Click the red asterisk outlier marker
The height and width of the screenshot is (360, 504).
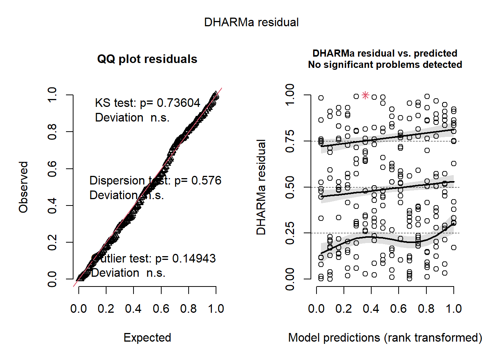(x=366, y=95)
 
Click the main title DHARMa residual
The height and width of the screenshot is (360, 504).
(x=251, y=22)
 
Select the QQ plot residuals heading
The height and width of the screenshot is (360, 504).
(x=147, y=59)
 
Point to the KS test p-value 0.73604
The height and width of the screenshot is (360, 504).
(x=178, y=103)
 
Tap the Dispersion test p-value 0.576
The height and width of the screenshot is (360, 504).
(x=206, y=180)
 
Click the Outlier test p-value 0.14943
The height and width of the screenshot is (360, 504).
(x=193, y=258)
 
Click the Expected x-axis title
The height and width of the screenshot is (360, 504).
(x=147, y=337)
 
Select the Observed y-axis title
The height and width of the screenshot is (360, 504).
(x=24, y=187)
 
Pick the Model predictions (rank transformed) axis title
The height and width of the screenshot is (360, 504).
(x=385, y=337)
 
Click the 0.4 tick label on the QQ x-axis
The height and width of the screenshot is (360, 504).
(x=133, y=309)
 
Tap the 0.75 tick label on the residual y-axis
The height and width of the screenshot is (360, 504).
(x=290, y=141)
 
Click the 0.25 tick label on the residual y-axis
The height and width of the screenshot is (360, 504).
(x=290, y=233)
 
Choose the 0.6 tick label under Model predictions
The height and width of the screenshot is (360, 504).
(x=398, y=309)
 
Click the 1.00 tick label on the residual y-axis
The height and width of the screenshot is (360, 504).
(x=290, y=95)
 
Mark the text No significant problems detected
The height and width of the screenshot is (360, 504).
(x=385, y=65)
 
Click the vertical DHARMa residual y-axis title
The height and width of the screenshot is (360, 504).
(x=261, y=187)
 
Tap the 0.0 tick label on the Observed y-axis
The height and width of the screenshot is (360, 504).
(x=52, y=279)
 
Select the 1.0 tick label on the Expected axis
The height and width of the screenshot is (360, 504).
(x=216, y=309)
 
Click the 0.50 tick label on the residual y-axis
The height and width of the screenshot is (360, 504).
(x=290, y=187)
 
